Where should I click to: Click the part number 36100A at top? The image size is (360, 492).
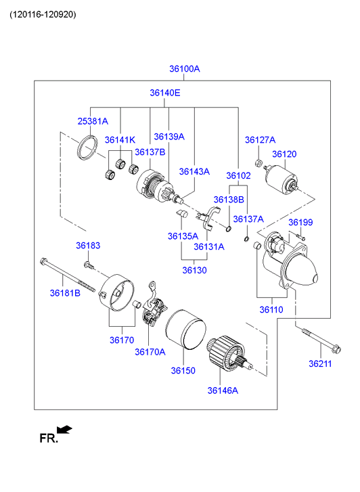click(x=185, y=69)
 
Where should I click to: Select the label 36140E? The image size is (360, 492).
click(x=165, y=93)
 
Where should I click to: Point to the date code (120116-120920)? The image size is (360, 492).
click(x=43, y=14)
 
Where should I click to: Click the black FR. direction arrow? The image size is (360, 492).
click(x=64, y=429)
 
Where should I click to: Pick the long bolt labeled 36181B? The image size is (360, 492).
click(x=67, y=275)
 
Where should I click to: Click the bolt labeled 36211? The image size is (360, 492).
click(x=321, y=340)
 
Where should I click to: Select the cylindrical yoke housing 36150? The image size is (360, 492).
click(x=185, y=329)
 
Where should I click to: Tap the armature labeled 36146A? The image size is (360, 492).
click(x=230, y=354)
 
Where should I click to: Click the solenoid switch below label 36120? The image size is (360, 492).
click(x=282, y=179)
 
